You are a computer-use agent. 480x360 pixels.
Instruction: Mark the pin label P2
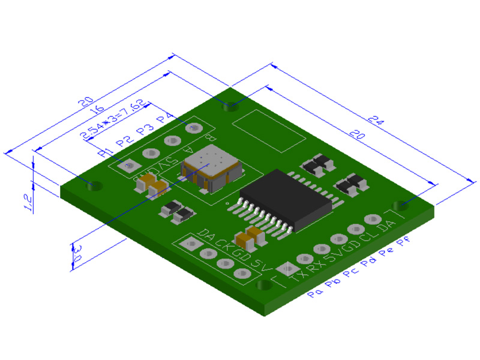click(124, 141)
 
